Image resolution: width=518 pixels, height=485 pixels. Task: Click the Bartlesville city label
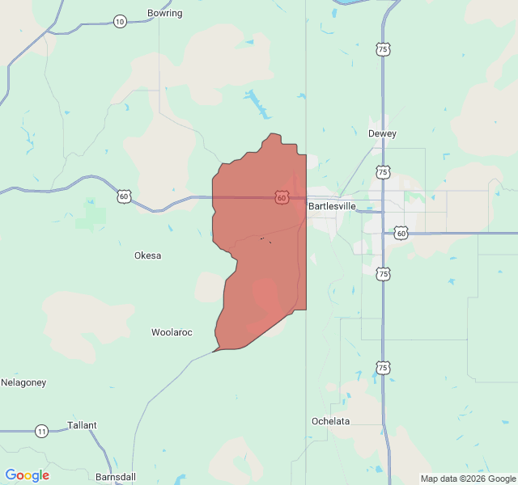coord(332,207)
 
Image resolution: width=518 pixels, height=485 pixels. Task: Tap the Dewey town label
coord(382,133)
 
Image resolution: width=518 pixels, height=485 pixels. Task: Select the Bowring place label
coord(165,13)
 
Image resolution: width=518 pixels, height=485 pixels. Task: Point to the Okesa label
coord(147,255)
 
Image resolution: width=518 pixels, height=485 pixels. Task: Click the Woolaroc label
coord(172,332)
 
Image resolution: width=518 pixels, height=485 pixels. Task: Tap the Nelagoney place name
coord(23,382)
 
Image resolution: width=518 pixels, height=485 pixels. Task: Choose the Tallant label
coord(82,425)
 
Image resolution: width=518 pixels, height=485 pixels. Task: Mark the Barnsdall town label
coord(116,477)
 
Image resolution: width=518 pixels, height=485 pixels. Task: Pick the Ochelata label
coord(331,421)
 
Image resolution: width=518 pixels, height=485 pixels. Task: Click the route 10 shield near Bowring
coord(120,21)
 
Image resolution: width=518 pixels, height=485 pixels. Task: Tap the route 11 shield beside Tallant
coord(41,431)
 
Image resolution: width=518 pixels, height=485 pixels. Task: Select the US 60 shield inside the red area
coord(281,197)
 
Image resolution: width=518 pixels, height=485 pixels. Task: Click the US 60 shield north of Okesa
coord(123,196)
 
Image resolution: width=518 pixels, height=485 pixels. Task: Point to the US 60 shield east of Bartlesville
coord(401,233)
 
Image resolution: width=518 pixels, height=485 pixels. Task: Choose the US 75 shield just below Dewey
coord(382,172)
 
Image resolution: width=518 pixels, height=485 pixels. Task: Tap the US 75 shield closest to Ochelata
coord(383,368)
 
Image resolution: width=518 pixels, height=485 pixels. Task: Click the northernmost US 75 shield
coord(382,50)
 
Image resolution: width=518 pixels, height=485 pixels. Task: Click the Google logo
coord(28,475)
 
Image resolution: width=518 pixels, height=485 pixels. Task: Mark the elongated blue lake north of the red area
coord(257,103)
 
